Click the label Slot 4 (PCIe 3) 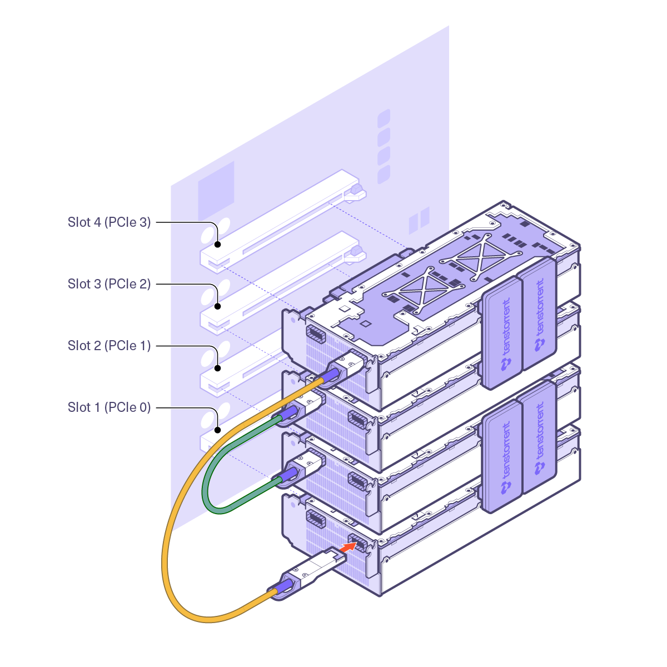[x=109, y=222]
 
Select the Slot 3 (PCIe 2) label [x=109, y=284]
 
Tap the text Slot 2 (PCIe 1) [x=109, y=346]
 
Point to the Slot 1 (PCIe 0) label [x=109, y=407]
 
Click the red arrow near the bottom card [x=347, y=547]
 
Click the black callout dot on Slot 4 [x=218, y=245]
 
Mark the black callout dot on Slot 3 [x=218, y=306]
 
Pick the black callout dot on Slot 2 [x=218, y=368]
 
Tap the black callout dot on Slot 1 [x=218, y=430]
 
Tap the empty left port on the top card [x=316, y=336]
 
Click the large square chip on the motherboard [x=216, y=191]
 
